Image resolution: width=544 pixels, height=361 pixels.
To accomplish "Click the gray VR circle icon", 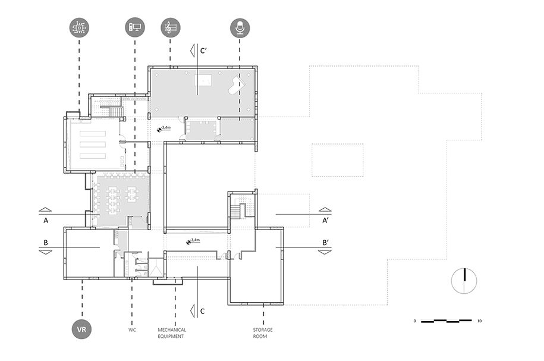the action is (x=81, y=329).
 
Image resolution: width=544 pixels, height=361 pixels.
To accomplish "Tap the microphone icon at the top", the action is (x=240, y=27).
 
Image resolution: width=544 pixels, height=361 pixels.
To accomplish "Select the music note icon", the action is (x=171, y=27).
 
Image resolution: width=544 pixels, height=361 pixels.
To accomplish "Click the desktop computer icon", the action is (x=134, y=27).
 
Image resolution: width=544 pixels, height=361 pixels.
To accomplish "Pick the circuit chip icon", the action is (x=79, y=27).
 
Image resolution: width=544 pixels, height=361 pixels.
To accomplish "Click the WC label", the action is (x=132, y=329).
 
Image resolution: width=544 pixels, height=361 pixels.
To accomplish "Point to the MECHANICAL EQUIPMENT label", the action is (x=172, y=333).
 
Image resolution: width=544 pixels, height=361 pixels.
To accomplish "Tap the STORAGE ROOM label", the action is (x=262, y=333).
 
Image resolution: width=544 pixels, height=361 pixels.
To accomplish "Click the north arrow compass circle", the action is (x=464, y=281).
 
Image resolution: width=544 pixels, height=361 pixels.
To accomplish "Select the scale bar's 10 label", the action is (x=479, y=321).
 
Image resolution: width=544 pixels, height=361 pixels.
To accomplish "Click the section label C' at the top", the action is (x=203, y=51).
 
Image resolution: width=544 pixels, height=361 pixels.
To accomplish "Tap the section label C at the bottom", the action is (x=203, y=311).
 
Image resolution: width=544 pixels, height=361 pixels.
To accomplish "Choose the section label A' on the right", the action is (x=325, y=221).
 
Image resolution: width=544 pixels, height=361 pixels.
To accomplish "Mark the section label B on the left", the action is (x=45, y=243).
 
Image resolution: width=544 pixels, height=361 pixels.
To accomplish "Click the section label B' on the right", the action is (x=325, y=243).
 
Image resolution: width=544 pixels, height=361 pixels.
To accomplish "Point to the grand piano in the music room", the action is (x=237, y=85).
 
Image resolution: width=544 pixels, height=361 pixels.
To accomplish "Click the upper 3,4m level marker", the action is (x=163, y=128).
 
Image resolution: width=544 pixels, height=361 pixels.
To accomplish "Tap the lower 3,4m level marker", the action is (x=193, y=241).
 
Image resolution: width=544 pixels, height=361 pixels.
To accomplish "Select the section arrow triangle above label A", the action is (x=45, y=210).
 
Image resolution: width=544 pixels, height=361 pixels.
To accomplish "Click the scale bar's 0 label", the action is (x=414, y=321).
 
